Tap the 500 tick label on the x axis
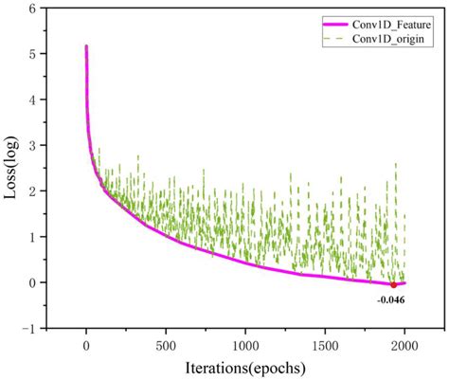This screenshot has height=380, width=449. pos(166,342)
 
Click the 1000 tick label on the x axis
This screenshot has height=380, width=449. pos(245,342)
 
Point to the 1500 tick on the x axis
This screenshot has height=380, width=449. pos(325,342)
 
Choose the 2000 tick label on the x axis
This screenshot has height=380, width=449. pos(404,342)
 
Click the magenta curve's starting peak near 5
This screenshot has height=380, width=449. pos(86,45)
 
